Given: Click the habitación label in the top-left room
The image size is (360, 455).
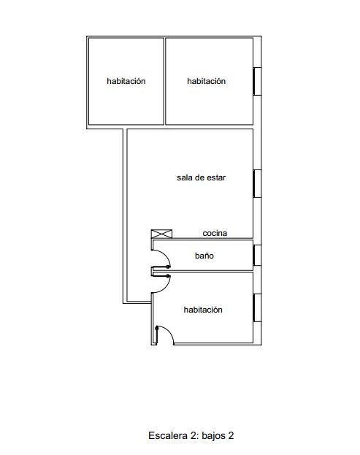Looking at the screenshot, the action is coord(126,81).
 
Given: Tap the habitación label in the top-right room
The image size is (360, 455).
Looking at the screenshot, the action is coord(206,81).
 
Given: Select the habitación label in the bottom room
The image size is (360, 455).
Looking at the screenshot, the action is coord(203,310).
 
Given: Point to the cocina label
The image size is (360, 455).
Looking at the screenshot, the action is coord(215,233).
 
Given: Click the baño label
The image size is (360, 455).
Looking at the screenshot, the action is coord(204,256).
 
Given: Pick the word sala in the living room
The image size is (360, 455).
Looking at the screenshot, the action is coord(184,177).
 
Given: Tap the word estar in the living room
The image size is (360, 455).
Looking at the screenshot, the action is coord(216,177).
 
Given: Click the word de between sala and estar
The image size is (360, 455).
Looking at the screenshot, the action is coord(199,177).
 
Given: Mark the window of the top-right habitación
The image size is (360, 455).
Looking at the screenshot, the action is coord(257,81).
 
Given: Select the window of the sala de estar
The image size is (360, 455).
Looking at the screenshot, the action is coord(257,184).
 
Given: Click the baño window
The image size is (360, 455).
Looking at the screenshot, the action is coord(257,255).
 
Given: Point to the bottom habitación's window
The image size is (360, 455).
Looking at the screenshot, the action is coord(257,307).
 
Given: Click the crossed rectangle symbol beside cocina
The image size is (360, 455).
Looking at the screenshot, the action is coord(161,234).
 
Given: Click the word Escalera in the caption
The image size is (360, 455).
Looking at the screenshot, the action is coord(168,435).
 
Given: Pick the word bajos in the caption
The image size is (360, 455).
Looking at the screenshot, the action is coord(213,436).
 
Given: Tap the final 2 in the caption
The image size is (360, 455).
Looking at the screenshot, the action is coord(231,435).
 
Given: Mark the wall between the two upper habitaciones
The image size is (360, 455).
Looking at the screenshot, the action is coord(164,81).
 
